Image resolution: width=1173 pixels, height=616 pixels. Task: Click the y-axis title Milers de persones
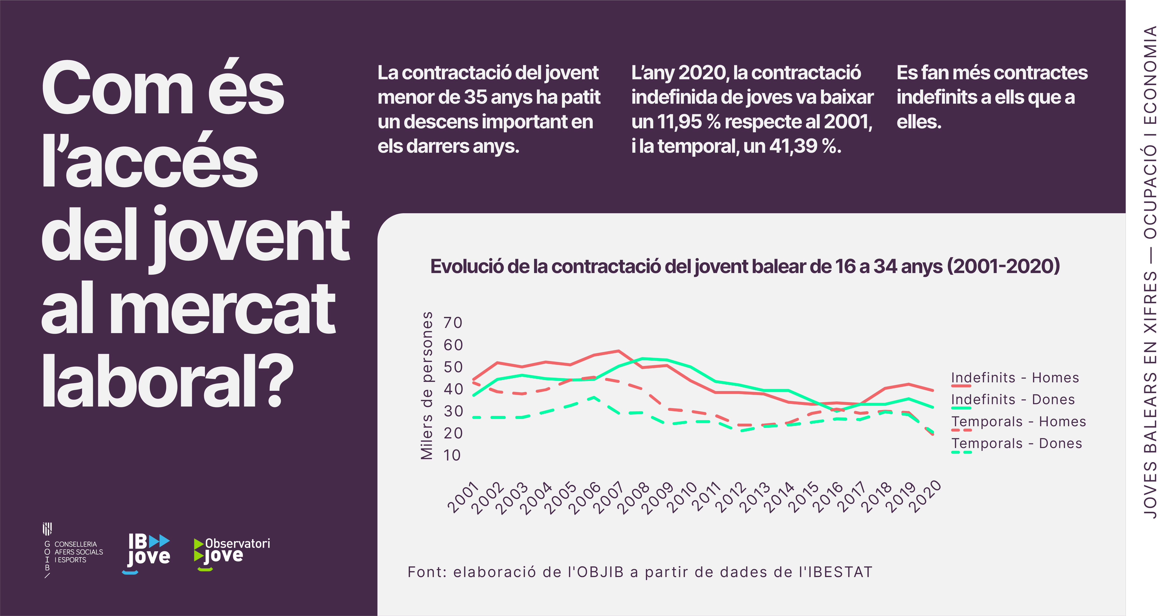(427, 386)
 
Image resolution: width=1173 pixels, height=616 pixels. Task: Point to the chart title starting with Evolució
(745, 266)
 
